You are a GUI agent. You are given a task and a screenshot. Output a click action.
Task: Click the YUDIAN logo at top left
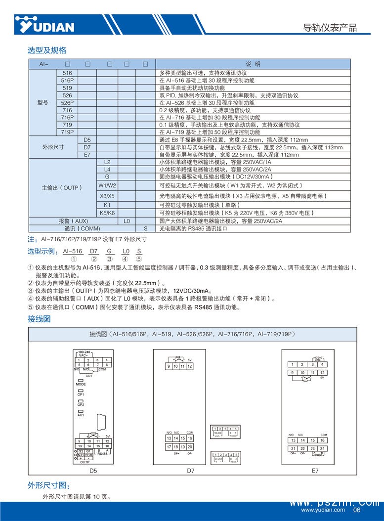coord(44,25)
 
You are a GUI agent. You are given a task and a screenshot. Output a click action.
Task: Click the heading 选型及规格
coord(46,50)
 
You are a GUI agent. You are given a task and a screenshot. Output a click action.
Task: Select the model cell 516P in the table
coord(67,80)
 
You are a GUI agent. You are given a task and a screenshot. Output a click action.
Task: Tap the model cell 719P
coord(67,132)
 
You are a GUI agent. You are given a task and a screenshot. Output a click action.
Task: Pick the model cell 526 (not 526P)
coord(67,95)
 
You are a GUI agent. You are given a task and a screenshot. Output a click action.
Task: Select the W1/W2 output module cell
coord(107,185)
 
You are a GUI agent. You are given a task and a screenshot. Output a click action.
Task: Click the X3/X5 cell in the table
coord(107,196)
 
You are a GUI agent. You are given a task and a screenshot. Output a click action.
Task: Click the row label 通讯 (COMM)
coord(82,228)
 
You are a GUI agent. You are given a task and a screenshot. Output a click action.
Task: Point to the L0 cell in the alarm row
coord(127,221)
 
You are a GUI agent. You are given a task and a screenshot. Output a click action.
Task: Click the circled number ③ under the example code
coord(110,259)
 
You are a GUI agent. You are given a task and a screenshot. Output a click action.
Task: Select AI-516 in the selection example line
coord(73,251)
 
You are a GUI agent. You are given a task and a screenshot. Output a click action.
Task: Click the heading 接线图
coord(39,319)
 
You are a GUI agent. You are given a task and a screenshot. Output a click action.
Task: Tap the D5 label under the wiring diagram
coord(93,471)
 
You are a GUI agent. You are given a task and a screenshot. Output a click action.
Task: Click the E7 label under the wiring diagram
coord(315,471)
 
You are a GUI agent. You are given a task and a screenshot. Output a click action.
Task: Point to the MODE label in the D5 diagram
coord(81,384)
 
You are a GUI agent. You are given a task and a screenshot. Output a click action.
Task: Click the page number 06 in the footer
coord(357,510)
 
